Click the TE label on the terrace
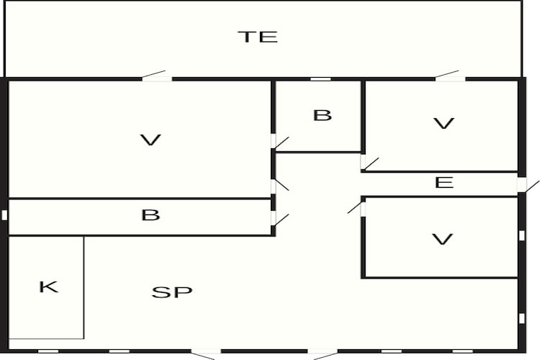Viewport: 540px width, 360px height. (258, 37)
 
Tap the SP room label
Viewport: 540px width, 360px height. (172, 292)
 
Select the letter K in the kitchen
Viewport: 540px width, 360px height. (48, 287)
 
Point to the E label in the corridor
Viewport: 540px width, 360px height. (444, 182)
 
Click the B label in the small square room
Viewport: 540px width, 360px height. (323, 115)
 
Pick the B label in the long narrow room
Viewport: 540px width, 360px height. (150, 215)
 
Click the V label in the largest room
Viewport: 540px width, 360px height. (150, 140)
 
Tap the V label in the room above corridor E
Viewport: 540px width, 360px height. (444, 123)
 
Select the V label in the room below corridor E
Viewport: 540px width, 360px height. (443, 239)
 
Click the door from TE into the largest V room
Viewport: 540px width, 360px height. (157, 76)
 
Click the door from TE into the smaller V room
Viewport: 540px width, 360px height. (450, 76)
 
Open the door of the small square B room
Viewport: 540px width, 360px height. (280, 143)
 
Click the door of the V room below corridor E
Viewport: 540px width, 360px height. (356, 208)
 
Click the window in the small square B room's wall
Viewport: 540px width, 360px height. (320, 79)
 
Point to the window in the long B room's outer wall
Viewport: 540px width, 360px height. (4, 215)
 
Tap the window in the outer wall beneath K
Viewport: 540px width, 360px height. (48, 351)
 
